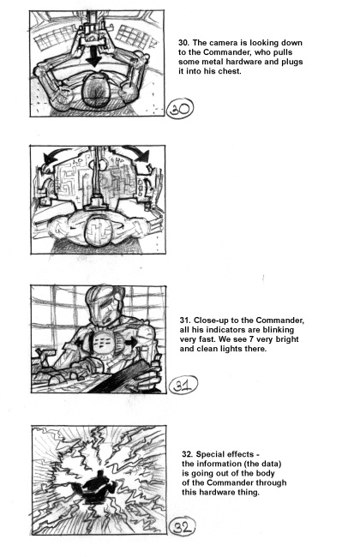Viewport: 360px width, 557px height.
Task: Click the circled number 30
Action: coord(180,108)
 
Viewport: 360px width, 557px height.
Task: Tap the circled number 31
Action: coord(183,385)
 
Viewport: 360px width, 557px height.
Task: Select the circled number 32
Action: coord(182,526)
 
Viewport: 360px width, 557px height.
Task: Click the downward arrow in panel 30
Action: coord(93,56)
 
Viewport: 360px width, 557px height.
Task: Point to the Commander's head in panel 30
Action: coord(96,89)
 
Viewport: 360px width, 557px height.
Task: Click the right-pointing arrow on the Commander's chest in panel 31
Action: coord(131,343)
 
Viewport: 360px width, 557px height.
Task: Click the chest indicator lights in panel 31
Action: coord(104,342)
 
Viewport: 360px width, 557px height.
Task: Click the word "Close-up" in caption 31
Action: coord(209,320)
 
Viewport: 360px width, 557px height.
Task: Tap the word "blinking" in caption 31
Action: coord(279,330)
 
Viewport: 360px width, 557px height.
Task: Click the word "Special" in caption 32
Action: coord(210,454)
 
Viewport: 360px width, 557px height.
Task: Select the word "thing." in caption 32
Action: coord(248,493)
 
